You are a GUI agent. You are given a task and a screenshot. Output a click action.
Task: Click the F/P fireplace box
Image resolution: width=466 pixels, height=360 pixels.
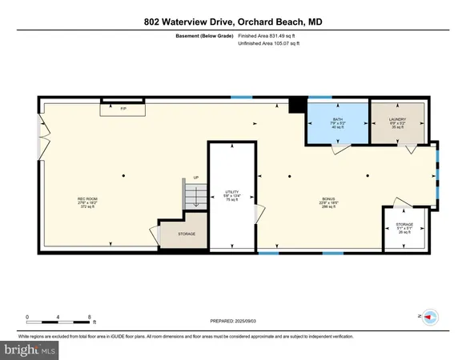point(123,108)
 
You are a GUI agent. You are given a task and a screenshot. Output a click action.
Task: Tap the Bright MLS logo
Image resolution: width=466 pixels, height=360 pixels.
point(30,350)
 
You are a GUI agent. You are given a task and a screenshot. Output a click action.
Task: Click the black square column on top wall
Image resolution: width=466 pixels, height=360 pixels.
point(297,103)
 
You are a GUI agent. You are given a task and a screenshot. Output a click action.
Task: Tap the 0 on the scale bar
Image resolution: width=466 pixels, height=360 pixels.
point(27,317)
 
